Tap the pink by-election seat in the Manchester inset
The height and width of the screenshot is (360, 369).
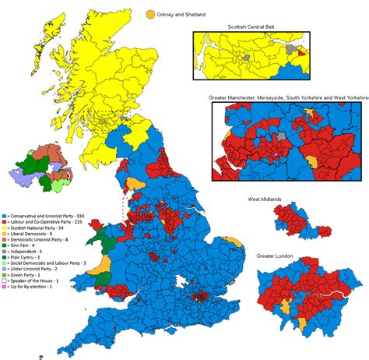coord(273,154)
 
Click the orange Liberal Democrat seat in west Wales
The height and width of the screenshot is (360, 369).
coord(102,262)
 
